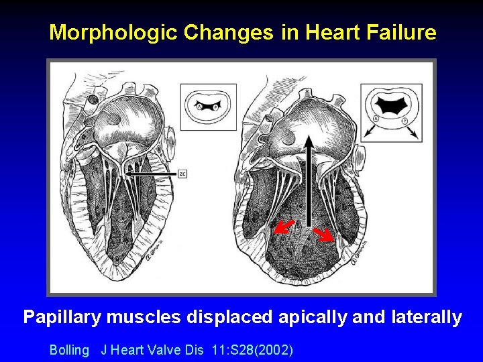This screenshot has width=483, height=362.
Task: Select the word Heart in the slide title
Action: [x=323, y=32]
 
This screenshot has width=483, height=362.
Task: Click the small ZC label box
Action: [x=182, y=174]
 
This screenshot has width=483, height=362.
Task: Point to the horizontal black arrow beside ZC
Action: [x=151, y=174]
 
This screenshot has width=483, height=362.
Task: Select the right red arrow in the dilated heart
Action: [x=326, y=233]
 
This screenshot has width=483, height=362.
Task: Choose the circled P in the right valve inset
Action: [x=405, y=120]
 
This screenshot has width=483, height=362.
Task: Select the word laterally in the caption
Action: [x=426, y=317]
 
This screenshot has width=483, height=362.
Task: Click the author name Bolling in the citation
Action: [x=69, y=350]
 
